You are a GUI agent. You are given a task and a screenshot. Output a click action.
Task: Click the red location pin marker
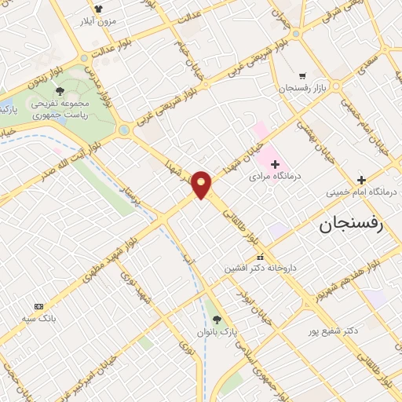202,185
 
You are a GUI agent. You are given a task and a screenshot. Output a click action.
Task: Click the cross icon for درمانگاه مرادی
275,163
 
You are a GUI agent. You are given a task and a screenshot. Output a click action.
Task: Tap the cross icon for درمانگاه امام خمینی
361,180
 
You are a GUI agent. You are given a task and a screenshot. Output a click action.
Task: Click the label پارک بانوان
217,333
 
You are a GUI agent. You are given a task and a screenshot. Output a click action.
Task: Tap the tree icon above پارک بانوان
217,319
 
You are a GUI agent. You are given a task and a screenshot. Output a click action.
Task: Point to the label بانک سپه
38,319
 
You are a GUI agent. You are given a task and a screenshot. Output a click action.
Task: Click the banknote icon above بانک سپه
38,305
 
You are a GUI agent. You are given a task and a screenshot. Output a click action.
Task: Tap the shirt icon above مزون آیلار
97,9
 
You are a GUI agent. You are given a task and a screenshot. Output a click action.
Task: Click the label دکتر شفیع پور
333,331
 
